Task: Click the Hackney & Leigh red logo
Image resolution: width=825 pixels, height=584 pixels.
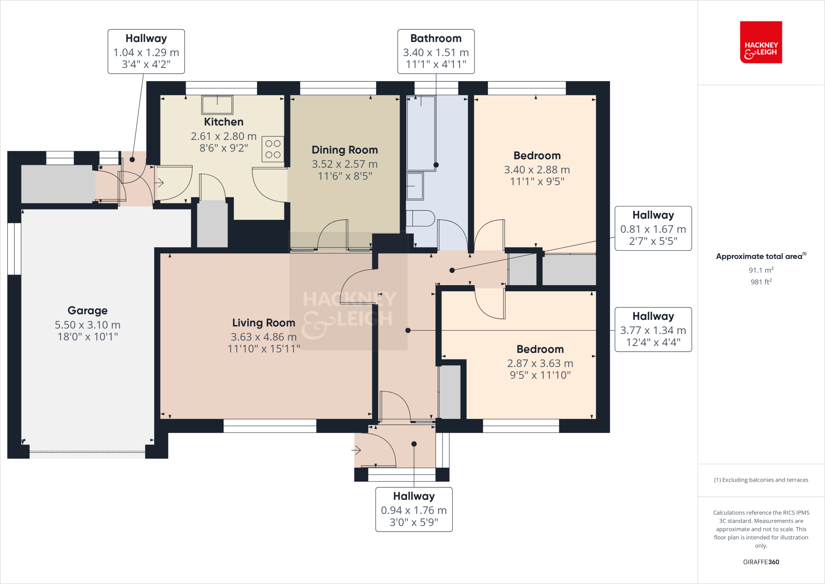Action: point(761,42)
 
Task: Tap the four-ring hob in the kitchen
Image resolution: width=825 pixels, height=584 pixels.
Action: point(273,149)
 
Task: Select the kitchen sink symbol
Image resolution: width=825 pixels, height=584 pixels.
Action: point(217,105)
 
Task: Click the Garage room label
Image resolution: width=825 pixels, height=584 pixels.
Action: point(87,311)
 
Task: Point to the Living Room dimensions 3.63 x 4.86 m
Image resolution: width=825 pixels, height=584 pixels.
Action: point(263,337)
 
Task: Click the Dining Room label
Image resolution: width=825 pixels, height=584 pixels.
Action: point(344,150)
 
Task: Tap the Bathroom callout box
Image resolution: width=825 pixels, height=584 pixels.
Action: point(436,51)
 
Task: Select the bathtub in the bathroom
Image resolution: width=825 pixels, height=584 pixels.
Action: point(421,133)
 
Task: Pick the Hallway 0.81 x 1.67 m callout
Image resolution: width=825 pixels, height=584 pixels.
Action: point(653,228)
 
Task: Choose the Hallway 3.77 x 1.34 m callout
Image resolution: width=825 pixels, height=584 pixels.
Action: point(653,330)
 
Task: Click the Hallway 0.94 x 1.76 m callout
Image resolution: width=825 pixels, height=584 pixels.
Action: point(414,509)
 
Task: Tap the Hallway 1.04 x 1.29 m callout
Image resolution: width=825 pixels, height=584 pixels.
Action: point(146,51)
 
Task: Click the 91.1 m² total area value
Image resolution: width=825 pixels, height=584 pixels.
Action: point(761,270)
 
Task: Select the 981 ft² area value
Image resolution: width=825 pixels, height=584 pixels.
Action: point(761,282)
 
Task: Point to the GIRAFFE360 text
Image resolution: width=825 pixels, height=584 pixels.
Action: point(761,562)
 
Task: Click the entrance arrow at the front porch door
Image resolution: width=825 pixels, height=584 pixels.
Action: point(356,450)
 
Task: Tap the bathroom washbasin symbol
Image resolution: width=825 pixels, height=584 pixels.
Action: point(415,186)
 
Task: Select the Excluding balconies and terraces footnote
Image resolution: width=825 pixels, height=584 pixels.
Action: point(761,480)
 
